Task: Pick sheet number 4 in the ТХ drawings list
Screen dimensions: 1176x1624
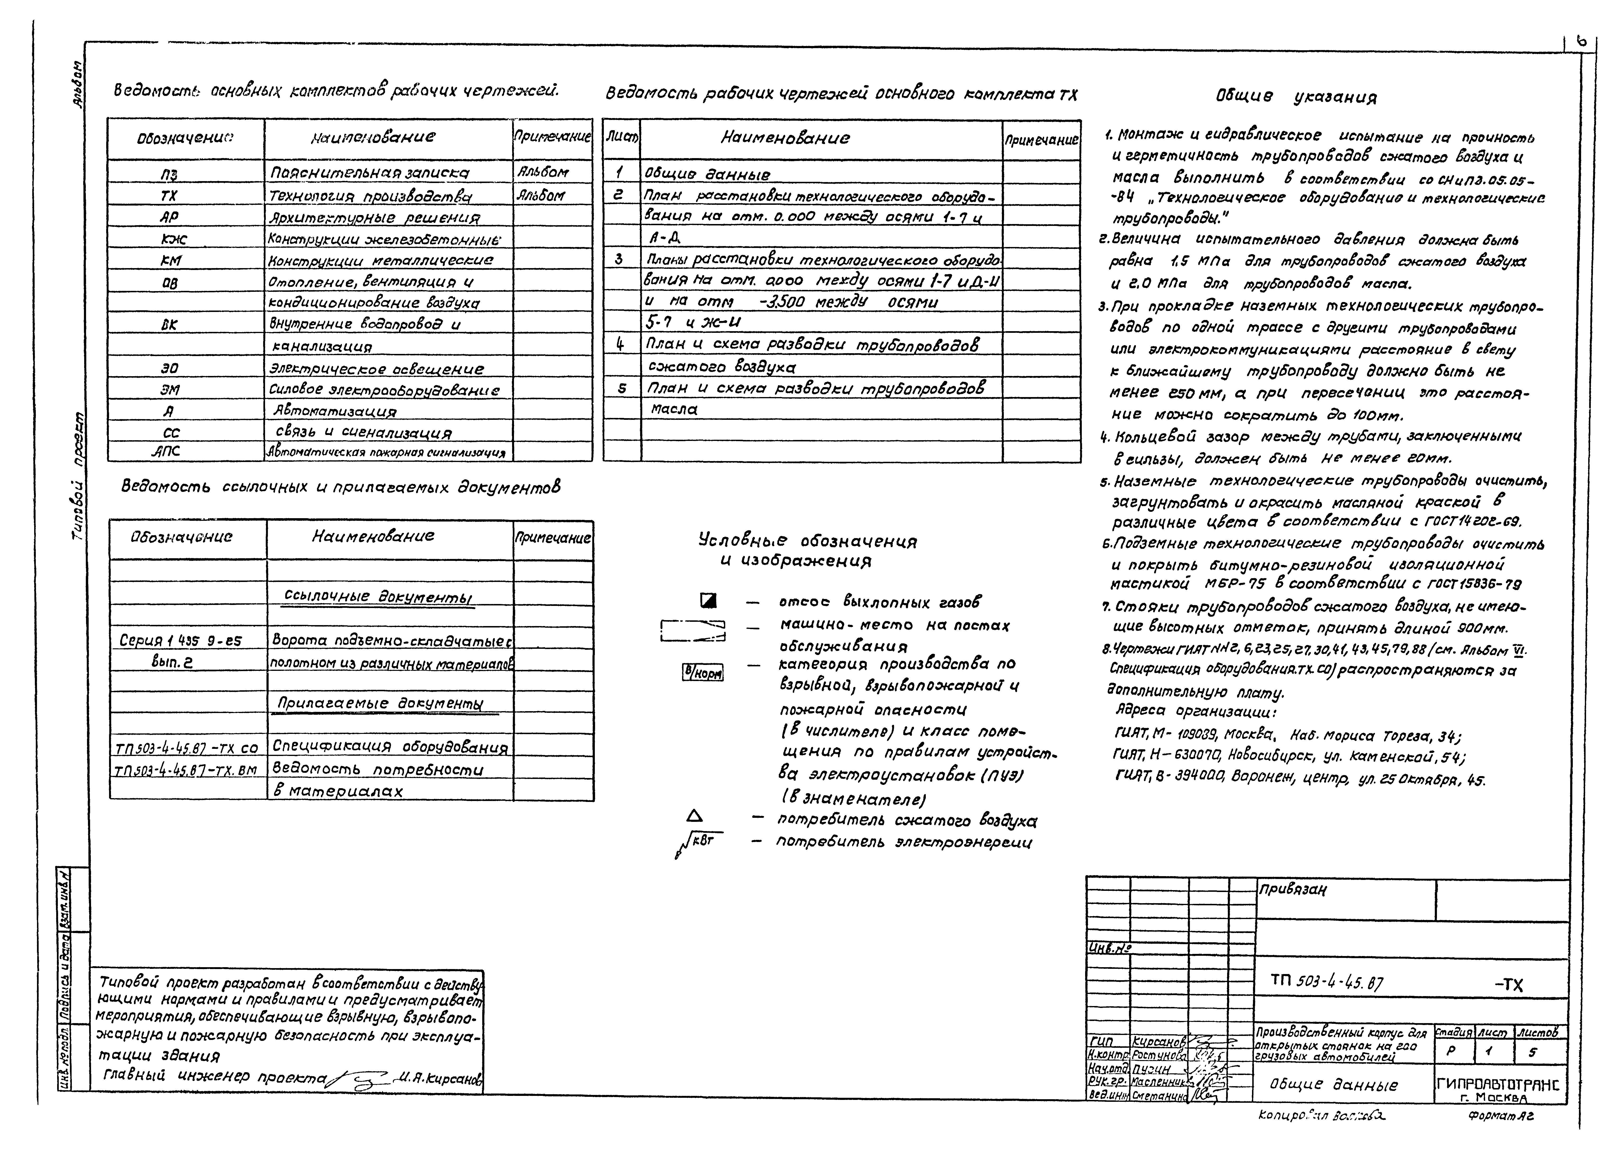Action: (621, 344)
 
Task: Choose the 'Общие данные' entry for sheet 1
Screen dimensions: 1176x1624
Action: (707, 174)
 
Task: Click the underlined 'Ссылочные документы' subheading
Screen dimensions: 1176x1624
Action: (378, 596)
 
